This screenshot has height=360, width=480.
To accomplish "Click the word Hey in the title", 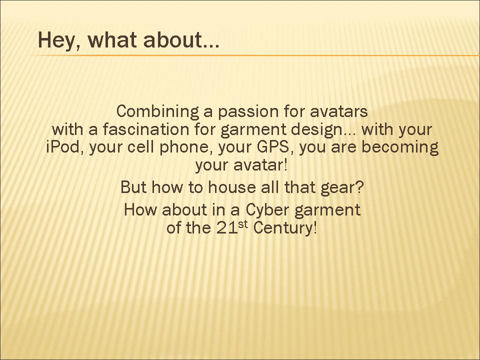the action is click(57, 40).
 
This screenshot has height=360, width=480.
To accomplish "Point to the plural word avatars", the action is click(339, 111).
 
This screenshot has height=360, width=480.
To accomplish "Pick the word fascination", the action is click(145, 129).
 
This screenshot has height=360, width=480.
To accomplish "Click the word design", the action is click(316, 130).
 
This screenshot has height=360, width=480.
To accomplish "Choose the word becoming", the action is click(400, 148).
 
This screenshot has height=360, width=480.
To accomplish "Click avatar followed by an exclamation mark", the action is click(260, 165).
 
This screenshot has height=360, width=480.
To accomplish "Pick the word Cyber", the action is click(267, 210).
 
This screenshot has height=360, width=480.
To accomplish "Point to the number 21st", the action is click(231, 227).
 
